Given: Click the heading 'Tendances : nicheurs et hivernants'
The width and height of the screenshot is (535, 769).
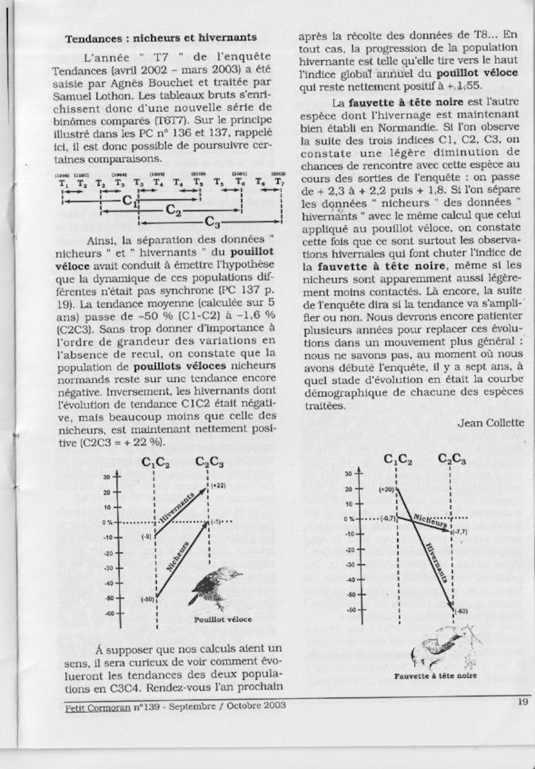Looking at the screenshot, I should (161, 38).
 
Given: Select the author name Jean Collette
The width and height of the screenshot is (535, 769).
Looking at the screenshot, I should (490, 423).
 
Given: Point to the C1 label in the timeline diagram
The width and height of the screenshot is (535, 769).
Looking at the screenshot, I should (130, 201).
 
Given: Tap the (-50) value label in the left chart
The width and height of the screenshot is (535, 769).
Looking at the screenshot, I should (148, 599).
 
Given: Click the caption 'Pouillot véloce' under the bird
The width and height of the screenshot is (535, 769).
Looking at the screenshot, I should (223, 619).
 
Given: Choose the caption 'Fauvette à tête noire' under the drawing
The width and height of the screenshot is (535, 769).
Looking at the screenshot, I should (435, 675).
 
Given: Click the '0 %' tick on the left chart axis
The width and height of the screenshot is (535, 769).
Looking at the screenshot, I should (109, 522).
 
